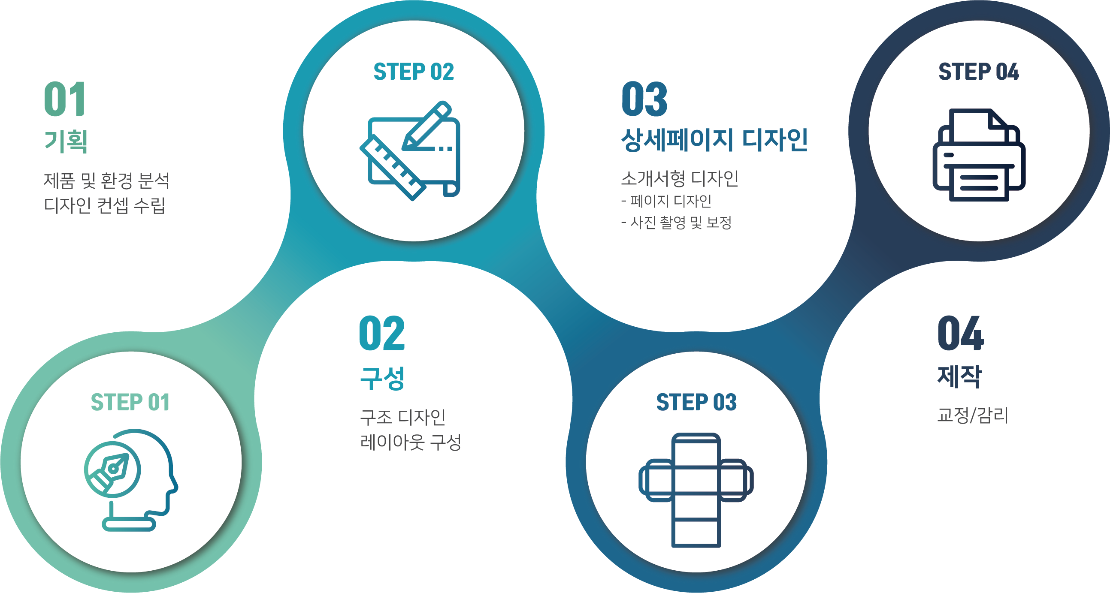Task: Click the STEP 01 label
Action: pyautogui.click(x=130, y=402)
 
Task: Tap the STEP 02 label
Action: pyautogui.click(x=414, y=72)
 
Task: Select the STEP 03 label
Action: pyautogui.click(x=696, y=402)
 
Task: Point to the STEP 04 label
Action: pyautogui.click(x=979, y=72)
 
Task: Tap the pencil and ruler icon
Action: pyautogui.click(x=410, y=151)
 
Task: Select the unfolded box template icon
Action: pyautogui.click(x=696, y=490)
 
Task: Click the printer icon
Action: pyautogui.click(x=979, y=155)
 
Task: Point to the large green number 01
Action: pyautogui.click(x=65, y=99)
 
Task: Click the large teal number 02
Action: pyautogui.click(x=382, y=333)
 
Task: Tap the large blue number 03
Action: pyautogui.click(x=644, y=99)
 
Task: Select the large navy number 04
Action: pyautogui.click(x=961, y=333)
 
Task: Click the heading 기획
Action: pyautogui.click(x=66, y=141)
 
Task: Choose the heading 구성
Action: pyautogui.click(x=382, y=378)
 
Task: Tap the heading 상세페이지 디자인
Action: pyautogui.click(x=714, y=140)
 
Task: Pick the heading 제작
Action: pyautogui.click(x=960, y=376)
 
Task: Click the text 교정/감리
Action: pyautogui.click(x=973, y=415)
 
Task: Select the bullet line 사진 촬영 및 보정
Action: pyautogui.click(x=677, y=223)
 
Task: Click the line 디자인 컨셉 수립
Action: pyautogui.click(x=105, y=205)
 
